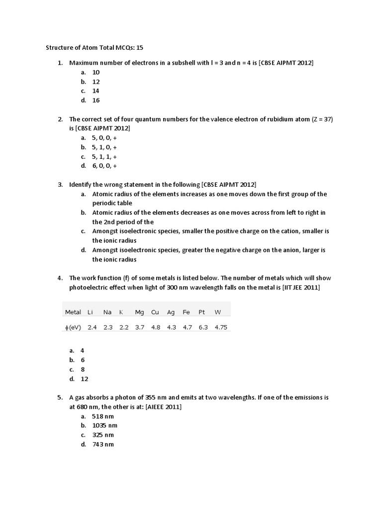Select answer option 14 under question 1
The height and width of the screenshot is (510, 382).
(96, 91)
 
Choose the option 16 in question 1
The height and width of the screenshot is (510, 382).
(96, 100)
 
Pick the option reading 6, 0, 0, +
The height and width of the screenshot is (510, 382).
(104, 166)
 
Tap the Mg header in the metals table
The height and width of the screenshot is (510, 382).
(139, 312)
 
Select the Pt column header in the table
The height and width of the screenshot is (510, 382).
(202, 312)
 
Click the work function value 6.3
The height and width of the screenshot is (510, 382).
(203, 327)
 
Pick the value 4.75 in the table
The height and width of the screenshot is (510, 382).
(220, 327)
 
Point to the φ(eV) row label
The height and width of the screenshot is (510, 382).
(73, 327)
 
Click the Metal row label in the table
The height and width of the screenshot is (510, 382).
(73, 312)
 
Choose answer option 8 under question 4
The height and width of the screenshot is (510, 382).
(83, 369)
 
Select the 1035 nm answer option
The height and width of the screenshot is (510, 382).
(105, 425)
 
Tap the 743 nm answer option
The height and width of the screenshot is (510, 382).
(103, 444)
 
